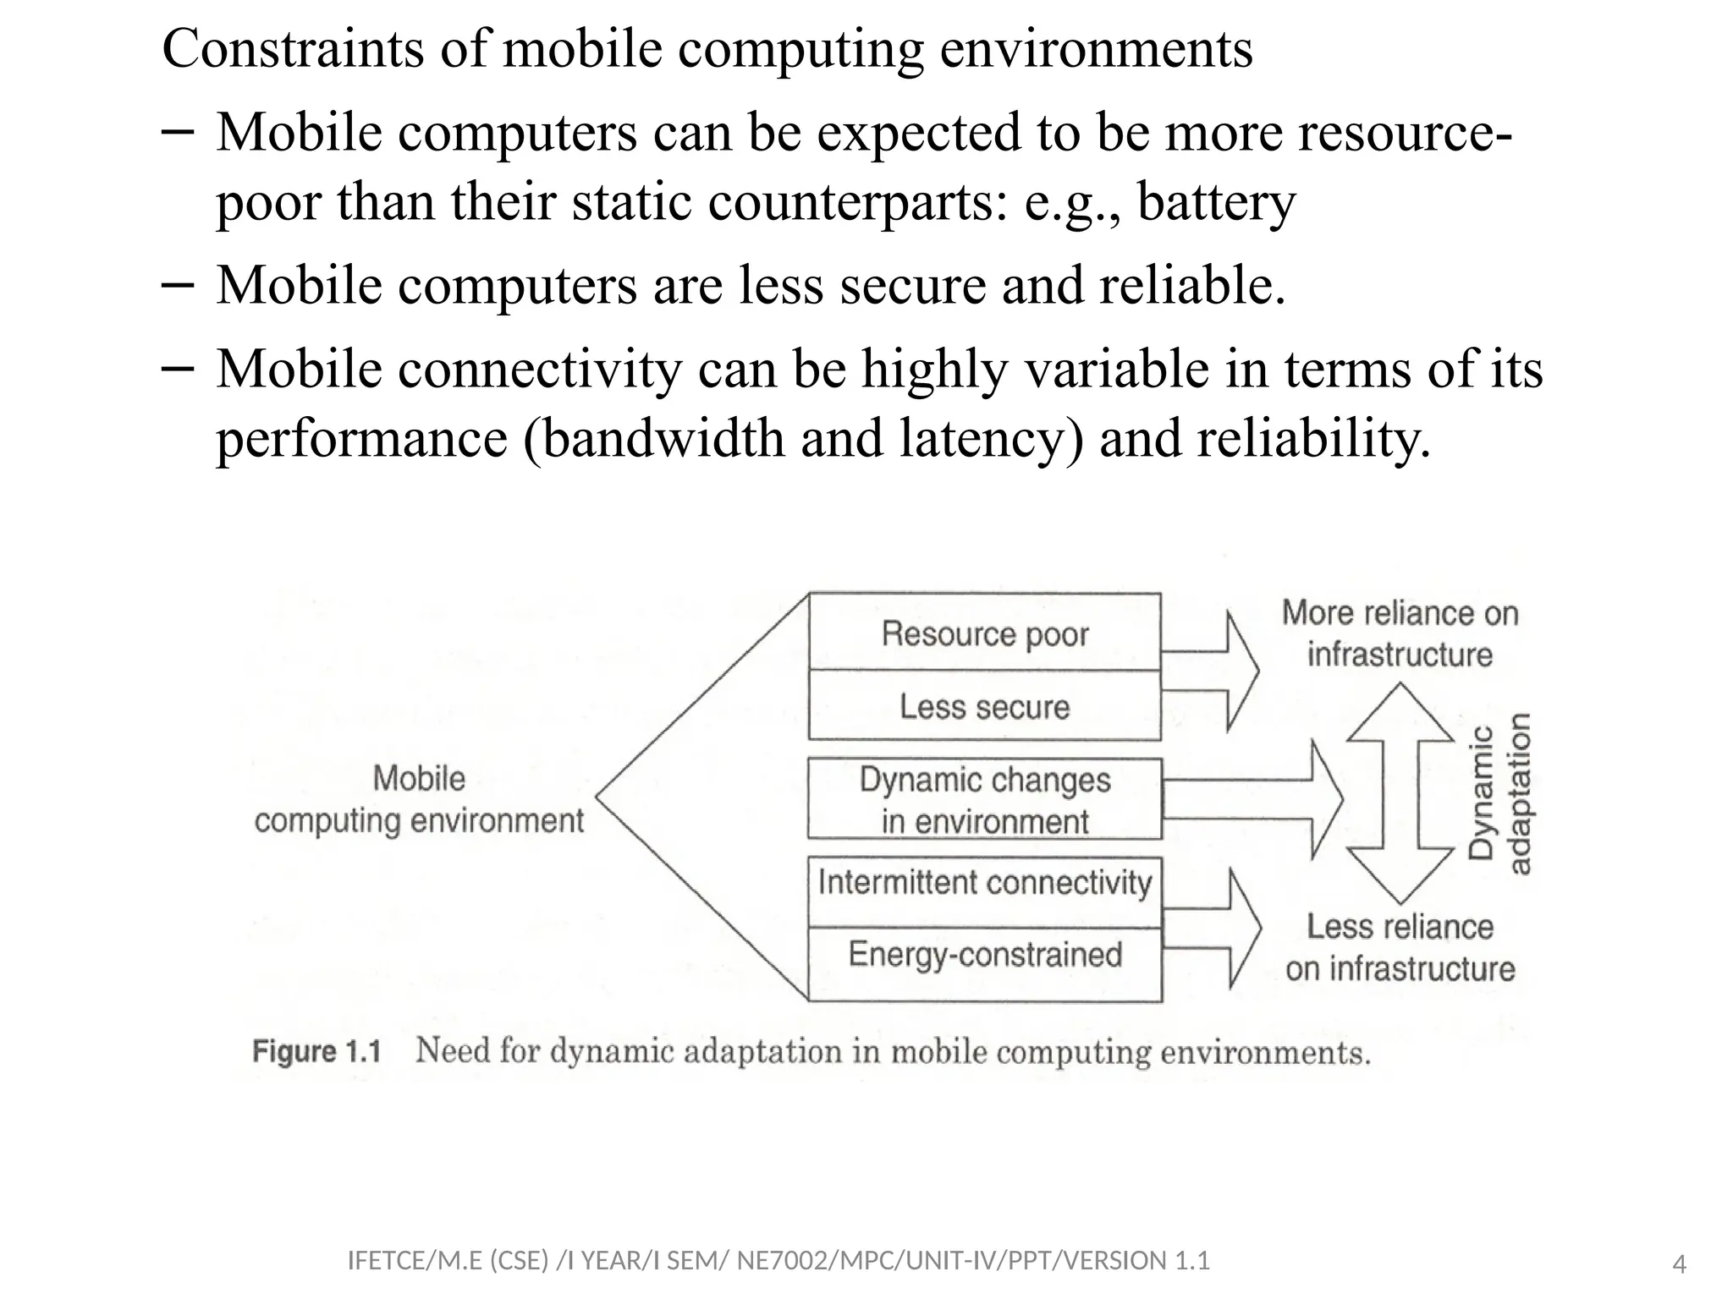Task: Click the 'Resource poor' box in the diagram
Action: [x=984, y=633]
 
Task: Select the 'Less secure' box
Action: [x=984, y=706]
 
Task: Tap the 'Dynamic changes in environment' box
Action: [x=984, y=799]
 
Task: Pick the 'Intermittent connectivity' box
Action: [x=984, y=883]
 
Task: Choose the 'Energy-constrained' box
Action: [x=984, y=955]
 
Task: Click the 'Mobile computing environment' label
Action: [x=419, y=799]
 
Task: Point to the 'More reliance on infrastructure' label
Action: [x=1400, y=633]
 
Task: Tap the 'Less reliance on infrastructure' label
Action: [x=1400, y=947]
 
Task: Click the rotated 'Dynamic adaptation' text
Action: [x=1499, y=793]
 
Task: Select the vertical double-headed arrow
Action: [x=1400, y=793]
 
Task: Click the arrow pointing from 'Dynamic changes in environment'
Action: [x=1252, y=799]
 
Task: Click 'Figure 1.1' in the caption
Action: [x=316, y=1052]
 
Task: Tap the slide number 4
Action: [x=1680, y=1265]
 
